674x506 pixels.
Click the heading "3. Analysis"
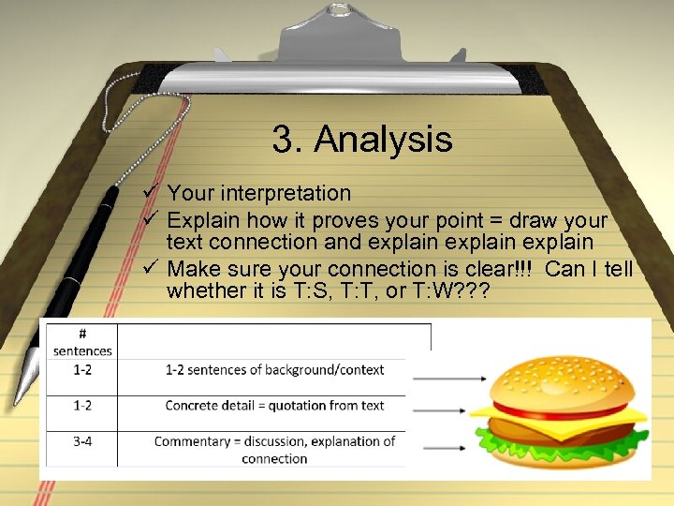[362, 140]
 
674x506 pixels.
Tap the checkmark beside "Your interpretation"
[149, 193]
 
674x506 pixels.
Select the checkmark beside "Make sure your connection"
[149, 270]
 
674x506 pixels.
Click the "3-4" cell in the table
[82, 440]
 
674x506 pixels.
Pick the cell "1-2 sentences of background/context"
[274, 370]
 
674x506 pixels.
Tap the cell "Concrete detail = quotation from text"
[274, 406]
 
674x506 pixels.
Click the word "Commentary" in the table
[192, 440]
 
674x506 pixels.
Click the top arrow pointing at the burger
[449, 378]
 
